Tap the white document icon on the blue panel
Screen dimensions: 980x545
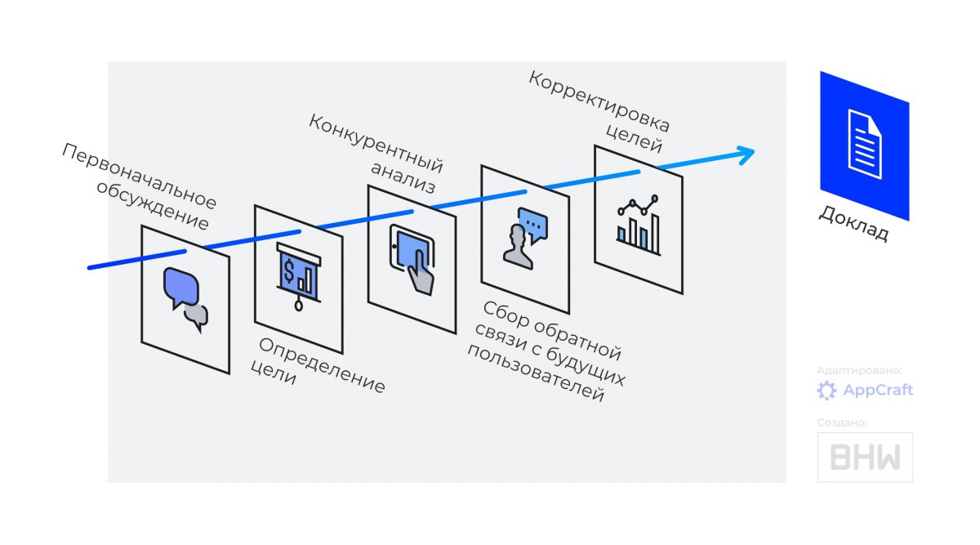(x=865, y=144)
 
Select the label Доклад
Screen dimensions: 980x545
(x=853, y=223)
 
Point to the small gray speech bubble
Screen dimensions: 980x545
(x=197, y=317)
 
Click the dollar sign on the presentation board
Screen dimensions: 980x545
(x=289, y=270)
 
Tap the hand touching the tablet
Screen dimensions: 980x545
(x=421, y=273)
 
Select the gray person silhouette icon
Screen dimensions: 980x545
(x=518, y=247)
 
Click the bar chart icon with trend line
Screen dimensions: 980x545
(x=639, y=225)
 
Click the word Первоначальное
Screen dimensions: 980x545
(x=139, y=176)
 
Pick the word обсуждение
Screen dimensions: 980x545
(x=152, y=205)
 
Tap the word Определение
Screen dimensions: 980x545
(x=322, y=365)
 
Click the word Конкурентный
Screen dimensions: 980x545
(x=376, y=143)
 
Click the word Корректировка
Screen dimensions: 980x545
(x=599, y=101)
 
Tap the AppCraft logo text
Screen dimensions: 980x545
(x=878, y=390)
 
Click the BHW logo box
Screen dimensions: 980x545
(x=865, y=457)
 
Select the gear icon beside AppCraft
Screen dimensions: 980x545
(x=826, y=391)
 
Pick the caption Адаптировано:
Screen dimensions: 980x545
(x=859, y=370)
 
